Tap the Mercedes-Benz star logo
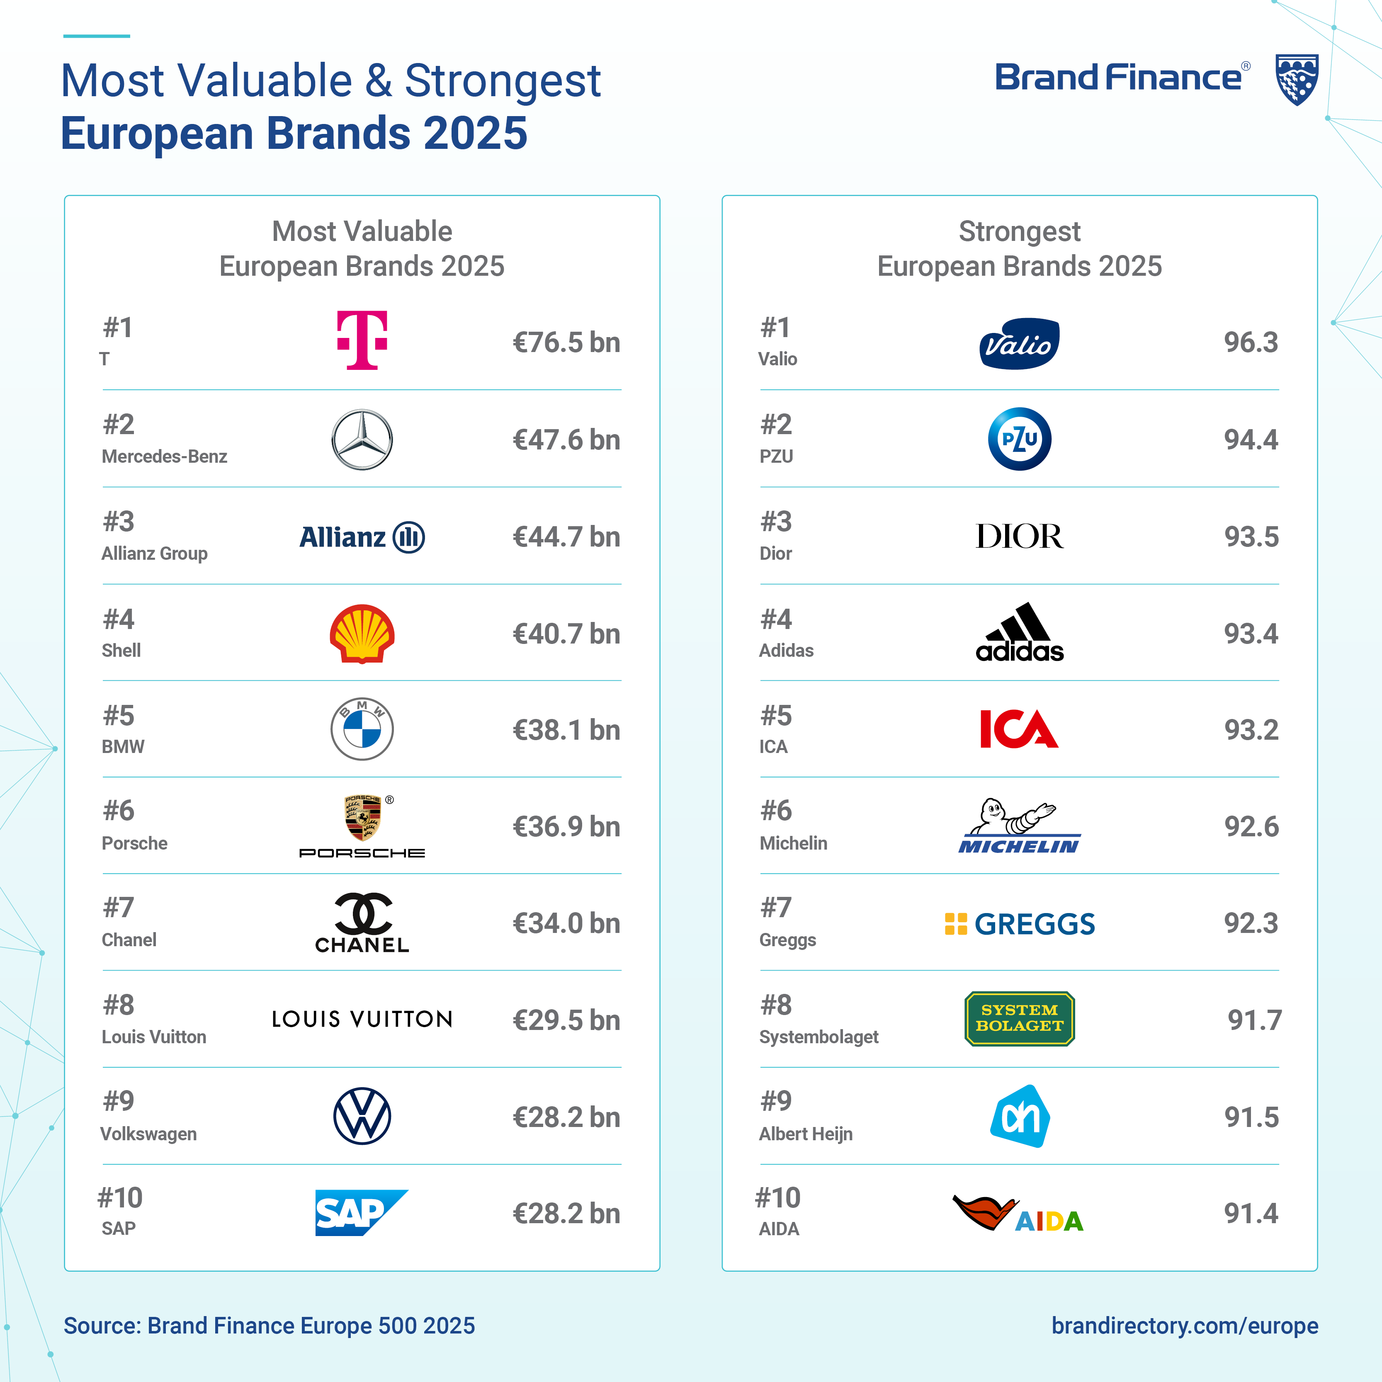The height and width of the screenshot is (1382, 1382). (362, 439)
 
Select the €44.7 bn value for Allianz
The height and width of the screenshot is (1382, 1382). (566, 537)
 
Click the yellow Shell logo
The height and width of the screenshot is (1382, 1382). (362, 634)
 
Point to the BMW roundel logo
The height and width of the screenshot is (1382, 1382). (362, 729)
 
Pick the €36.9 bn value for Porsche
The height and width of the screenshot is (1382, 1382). (566, 826)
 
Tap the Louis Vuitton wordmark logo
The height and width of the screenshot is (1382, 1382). (362, 1019)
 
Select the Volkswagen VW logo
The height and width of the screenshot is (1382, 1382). (362, 1116)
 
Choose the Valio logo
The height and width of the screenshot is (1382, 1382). (1019, 343)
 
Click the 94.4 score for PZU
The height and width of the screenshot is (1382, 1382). (1251, 439)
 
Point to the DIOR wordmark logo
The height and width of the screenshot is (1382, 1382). (1019, 537)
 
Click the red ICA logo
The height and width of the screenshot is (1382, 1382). (1019, 729)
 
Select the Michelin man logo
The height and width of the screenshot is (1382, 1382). (1019, 826)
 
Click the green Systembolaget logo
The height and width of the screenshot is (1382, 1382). (1019, 1019)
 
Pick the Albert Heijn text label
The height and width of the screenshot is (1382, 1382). (806, 1134)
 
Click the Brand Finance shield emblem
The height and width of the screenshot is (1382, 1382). (1297, 79)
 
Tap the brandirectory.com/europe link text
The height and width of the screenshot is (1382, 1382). (1185, 1326)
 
